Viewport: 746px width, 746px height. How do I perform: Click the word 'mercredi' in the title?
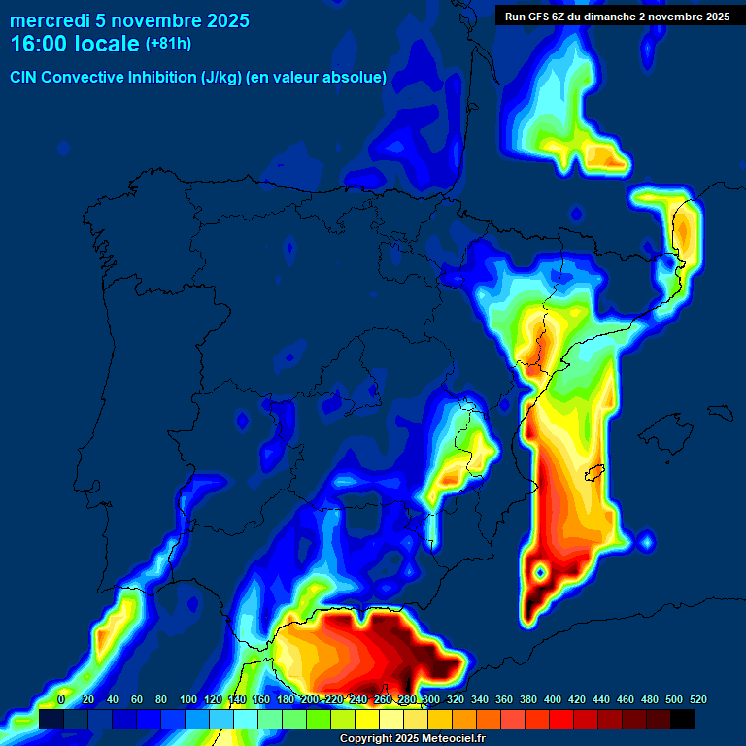pos(49,20)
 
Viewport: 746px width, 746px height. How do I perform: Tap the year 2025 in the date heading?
pos(225,20)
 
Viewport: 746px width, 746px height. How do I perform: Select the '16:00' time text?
pos(39,44)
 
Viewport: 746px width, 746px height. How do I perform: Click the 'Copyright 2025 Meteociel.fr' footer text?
pos(413,739)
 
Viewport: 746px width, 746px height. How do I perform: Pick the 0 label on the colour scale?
pos(61,699)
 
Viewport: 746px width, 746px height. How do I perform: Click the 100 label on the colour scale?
pos(188,699)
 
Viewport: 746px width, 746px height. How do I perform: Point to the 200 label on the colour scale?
pos(310,699)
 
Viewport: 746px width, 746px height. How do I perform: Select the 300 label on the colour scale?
pos(431,699)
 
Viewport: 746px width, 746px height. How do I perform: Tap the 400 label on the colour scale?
pos(553,699)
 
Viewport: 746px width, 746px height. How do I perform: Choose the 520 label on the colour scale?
pos(697,699)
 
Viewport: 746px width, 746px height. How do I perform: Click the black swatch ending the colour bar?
pos(683,719)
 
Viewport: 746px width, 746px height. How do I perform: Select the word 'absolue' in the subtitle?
pos(358,77)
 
